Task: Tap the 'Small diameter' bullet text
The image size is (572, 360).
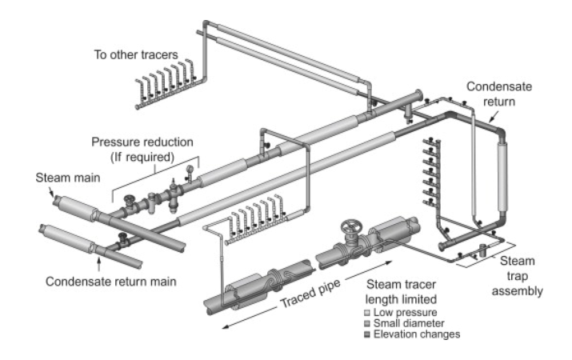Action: coord(407,322)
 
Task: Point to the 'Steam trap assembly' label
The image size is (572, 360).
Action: coord(518,277)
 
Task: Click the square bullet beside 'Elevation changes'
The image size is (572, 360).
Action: coord(367,334)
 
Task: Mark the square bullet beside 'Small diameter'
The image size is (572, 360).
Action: coord(367,322)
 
